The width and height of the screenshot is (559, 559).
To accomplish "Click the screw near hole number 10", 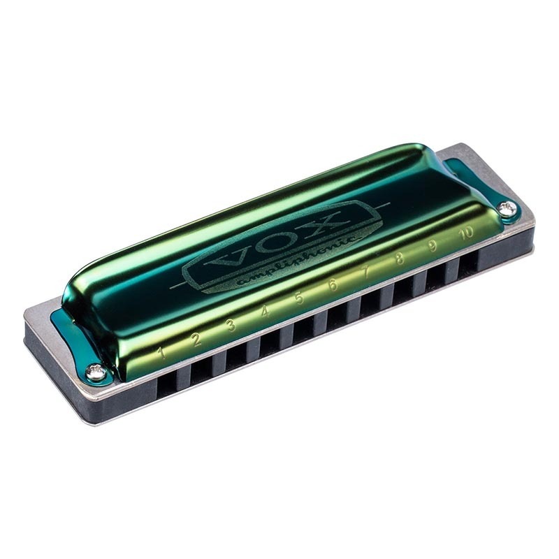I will [509, 207].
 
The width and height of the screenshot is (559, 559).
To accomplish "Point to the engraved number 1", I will [161, 353].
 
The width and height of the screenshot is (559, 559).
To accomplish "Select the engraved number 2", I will [196, 340].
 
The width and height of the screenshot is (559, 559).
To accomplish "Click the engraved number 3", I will [231, 326].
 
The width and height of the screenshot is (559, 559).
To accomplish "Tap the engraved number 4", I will [266, 312].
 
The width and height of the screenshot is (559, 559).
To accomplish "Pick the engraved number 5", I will [299, 298].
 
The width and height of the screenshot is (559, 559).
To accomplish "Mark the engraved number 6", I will [333, 285].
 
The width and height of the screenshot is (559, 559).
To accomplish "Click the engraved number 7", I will [366, 272].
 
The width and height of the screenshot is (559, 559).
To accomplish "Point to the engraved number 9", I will [433, 245].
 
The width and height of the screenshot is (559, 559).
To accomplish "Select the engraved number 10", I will [467, 231].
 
